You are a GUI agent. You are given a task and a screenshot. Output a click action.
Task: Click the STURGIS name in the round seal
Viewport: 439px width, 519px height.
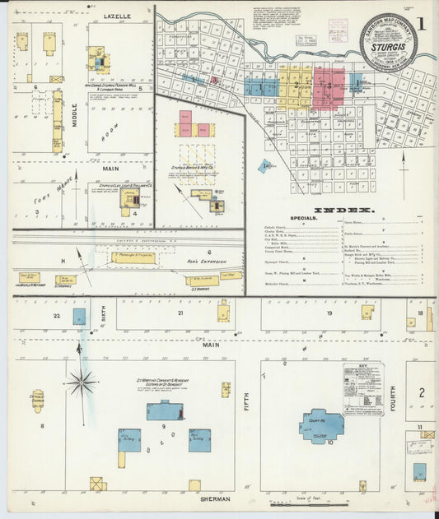coord(388,48)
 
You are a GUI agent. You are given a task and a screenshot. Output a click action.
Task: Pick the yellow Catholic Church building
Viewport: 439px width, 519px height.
coord(38,401)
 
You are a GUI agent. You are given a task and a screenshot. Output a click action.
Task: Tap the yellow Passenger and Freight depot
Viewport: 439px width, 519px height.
coord(133,257)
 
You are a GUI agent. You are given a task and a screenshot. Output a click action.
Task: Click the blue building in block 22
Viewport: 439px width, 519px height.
coord(79,317)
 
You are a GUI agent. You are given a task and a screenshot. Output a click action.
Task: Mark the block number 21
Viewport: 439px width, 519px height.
coord(180,313)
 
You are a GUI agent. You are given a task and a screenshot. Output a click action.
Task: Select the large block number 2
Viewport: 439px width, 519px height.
coord(421,392)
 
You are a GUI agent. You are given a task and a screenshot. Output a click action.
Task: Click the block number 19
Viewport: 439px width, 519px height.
coord(329,313)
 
